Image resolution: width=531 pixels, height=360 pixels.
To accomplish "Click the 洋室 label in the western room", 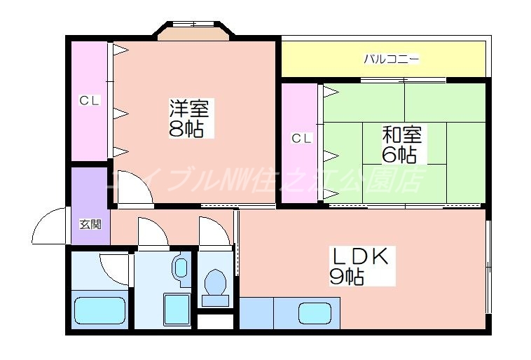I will (188, 109).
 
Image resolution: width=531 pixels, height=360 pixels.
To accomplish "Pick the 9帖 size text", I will (346, 277).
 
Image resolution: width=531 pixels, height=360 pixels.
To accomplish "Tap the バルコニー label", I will (391, 59).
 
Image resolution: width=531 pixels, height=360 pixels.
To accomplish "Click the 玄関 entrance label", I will (89, 225).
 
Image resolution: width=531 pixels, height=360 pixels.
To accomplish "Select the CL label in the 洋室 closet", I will (88, 101).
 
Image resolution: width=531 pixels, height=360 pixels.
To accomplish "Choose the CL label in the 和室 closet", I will (301, 139).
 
